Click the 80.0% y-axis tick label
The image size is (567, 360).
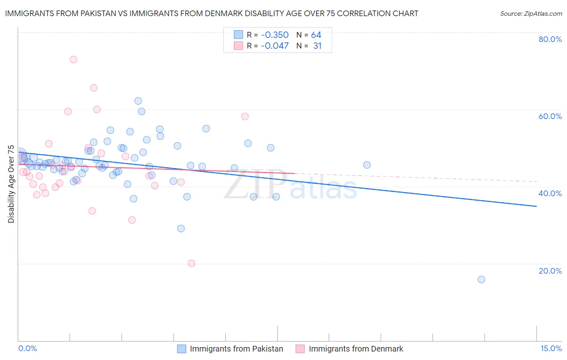(x=550, y=39)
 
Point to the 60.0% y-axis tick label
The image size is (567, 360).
(x=550, y=116)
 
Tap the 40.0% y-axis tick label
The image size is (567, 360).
(x=550, y=193)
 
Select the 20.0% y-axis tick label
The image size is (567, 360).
(x=550, y=271)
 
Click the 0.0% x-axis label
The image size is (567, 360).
(x=27, y=348)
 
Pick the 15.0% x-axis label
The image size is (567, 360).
(x=551, y=348)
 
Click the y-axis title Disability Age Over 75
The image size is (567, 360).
(x=11, y=184)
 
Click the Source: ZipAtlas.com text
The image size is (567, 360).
(x=531, y=13)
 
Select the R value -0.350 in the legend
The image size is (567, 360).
(x=275, y=35)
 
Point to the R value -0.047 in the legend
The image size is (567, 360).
(x=275, y=46)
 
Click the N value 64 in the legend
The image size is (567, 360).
(x=316, y=35)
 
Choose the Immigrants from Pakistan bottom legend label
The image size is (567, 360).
(x=236, y=349)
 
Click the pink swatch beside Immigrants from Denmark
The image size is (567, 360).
(x=300, y=349)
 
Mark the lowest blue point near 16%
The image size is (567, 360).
(x=481, y=279)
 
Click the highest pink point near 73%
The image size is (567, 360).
(x=73, y=59)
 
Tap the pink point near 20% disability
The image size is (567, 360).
(x=192, y=263)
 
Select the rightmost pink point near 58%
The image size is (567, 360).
(x=245, y=117)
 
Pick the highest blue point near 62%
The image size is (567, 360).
(x=138, y=101)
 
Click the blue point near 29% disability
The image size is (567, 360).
(x=181, y=228)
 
